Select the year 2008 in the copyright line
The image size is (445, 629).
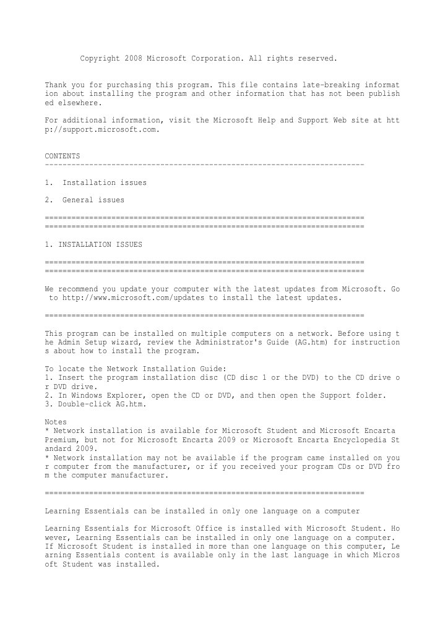point(133,59)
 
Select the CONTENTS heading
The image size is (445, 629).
point(63,156)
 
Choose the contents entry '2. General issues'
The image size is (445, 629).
point(85,200)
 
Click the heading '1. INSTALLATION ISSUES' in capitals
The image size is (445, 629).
point(93,244)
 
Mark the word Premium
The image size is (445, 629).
point(63,440)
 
